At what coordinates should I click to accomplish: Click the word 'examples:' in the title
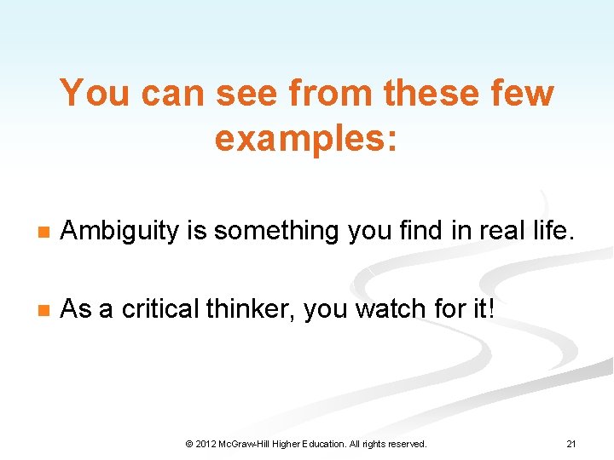point(306,139)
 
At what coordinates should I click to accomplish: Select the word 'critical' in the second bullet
point(159,309)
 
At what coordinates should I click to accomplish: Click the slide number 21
point(571,444)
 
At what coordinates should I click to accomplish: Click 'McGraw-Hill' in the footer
point(247,444)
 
